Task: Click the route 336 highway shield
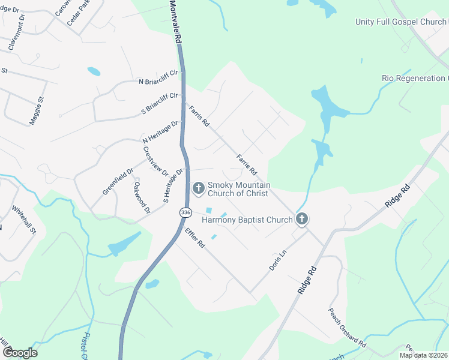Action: (185, 212)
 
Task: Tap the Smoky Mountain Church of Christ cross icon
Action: (198, 189)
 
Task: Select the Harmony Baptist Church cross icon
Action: (302, 220)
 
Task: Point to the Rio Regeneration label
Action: (415, 79)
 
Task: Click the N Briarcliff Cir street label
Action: (158, 77)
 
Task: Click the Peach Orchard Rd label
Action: (347, 328)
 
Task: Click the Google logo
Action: (20, 353)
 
